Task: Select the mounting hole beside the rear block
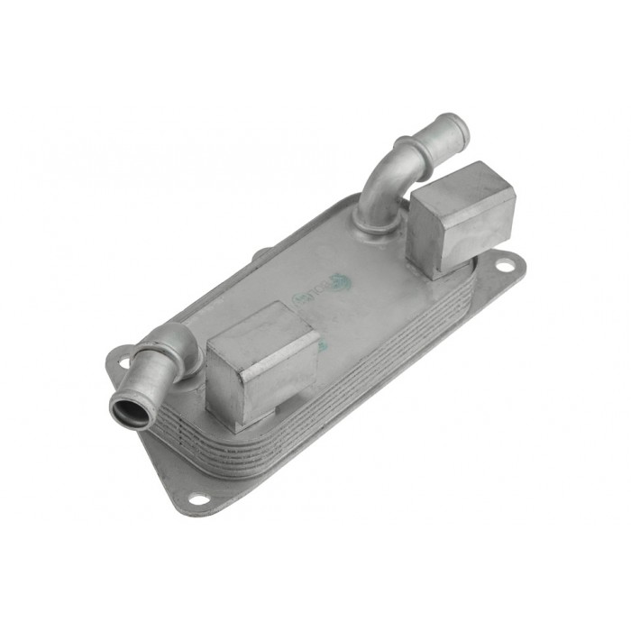506,266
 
